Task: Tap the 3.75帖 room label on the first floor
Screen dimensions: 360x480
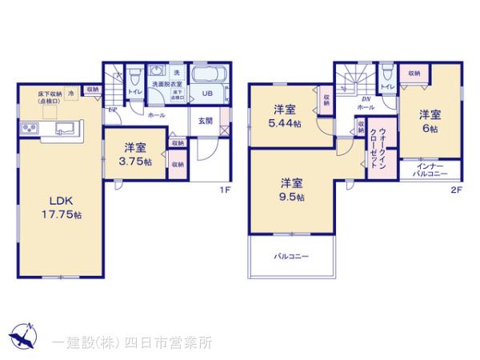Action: (x=134, y=154)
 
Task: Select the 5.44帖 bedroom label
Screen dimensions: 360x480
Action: (x=286, y=116)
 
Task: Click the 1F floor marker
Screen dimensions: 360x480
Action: (x=226, y=190)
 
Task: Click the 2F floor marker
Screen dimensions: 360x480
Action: (x=455, y=190)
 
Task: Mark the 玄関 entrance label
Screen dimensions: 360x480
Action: (x=206, y=122)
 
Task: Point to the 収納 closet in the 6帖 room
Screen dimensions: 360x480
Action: (x=414, y=74)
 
